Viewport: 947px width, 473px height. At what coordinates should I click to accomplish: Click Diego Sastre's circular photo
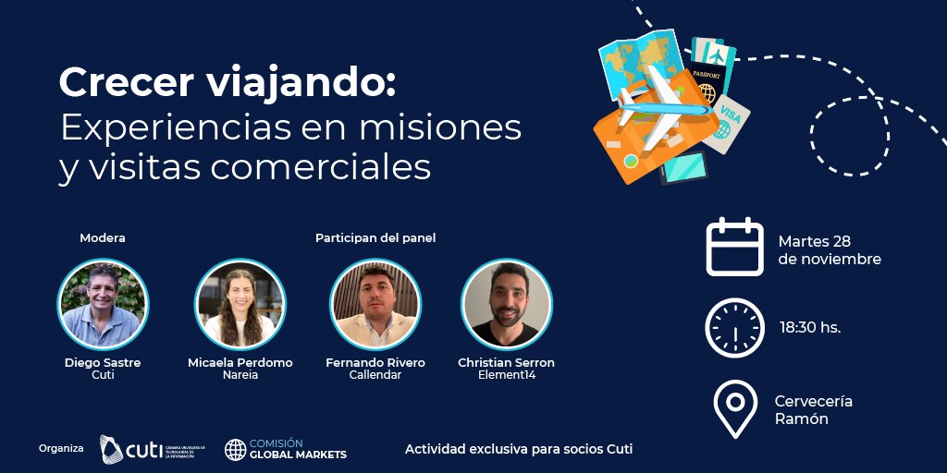[x=103, y=303]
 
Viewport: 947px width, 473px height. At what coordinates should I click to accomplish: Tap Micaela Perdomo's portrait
[x=240, y=303]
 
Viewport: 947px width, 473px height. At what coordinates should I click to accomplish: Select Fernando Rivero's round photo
[x=375, y=303]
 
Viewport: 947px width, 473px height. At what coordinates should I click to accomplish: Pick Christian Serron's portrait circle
[x=506, y=303]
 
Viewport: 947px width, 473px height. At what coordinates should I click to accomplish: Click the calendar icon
[x=735, y=248]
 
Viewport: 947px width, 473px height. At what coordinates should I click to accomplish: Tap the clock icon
[x=735, y=328]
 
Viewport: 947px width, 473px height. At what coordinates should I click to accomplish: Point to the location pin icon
[x=735, y=408]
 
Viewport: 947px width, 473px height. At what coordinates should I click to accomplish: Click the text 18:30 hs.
[x=810, y=328]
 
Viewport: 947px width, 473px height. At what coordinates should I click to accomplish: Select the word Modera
[x=103, y=237]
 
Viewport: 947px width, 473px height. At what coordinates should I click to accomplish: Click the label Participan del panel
[x=375, y=237]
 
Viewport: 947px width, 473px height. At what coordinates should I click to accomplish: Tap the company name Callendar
[x=375, y=375]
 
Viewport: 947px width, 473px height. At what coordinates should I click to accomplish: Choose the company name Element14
[x=506, y=375]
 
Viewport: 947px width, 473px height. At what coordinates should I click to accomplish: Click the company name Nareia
[x=240, y=375]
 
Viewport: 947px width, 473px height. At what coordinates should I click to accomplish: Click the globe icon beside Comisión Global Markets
[x=236, y=450]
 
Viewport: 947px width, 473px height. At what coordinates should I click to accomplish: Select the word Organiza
[x=61, y=449]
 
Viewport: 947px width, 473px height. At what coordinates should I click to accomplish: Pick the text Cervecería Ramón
[x=813, y=409]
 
